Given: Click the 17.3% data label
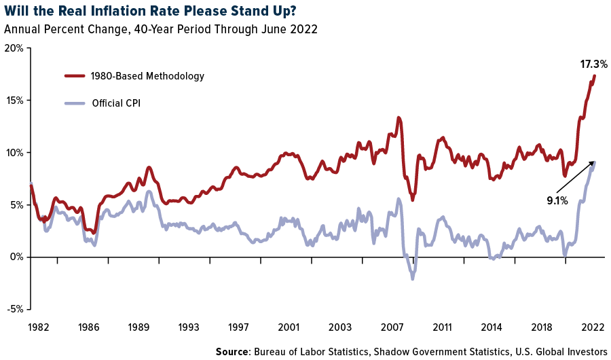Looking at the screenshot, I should coord(593,65).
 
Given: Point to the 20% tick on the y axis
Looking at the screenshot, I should coord(14,48).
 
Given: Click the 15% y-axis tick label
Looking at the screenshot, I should coord(14,101).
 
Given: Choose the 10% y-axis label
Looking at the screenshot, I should coord(14,153).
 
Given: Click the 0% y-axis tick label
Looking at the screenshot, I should coord(17,257).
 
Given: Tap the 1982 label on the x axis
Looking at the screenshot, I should coord(39,327).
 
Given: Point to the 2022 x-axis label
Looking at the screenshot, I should coord(591,327).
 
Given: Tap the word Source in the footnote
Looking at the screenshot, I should coord(233,351).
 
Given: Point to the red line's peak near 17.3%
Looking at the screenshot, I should coord(595,75).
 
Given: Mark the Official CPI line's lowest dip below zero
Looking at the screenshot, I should coord(412,278).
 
